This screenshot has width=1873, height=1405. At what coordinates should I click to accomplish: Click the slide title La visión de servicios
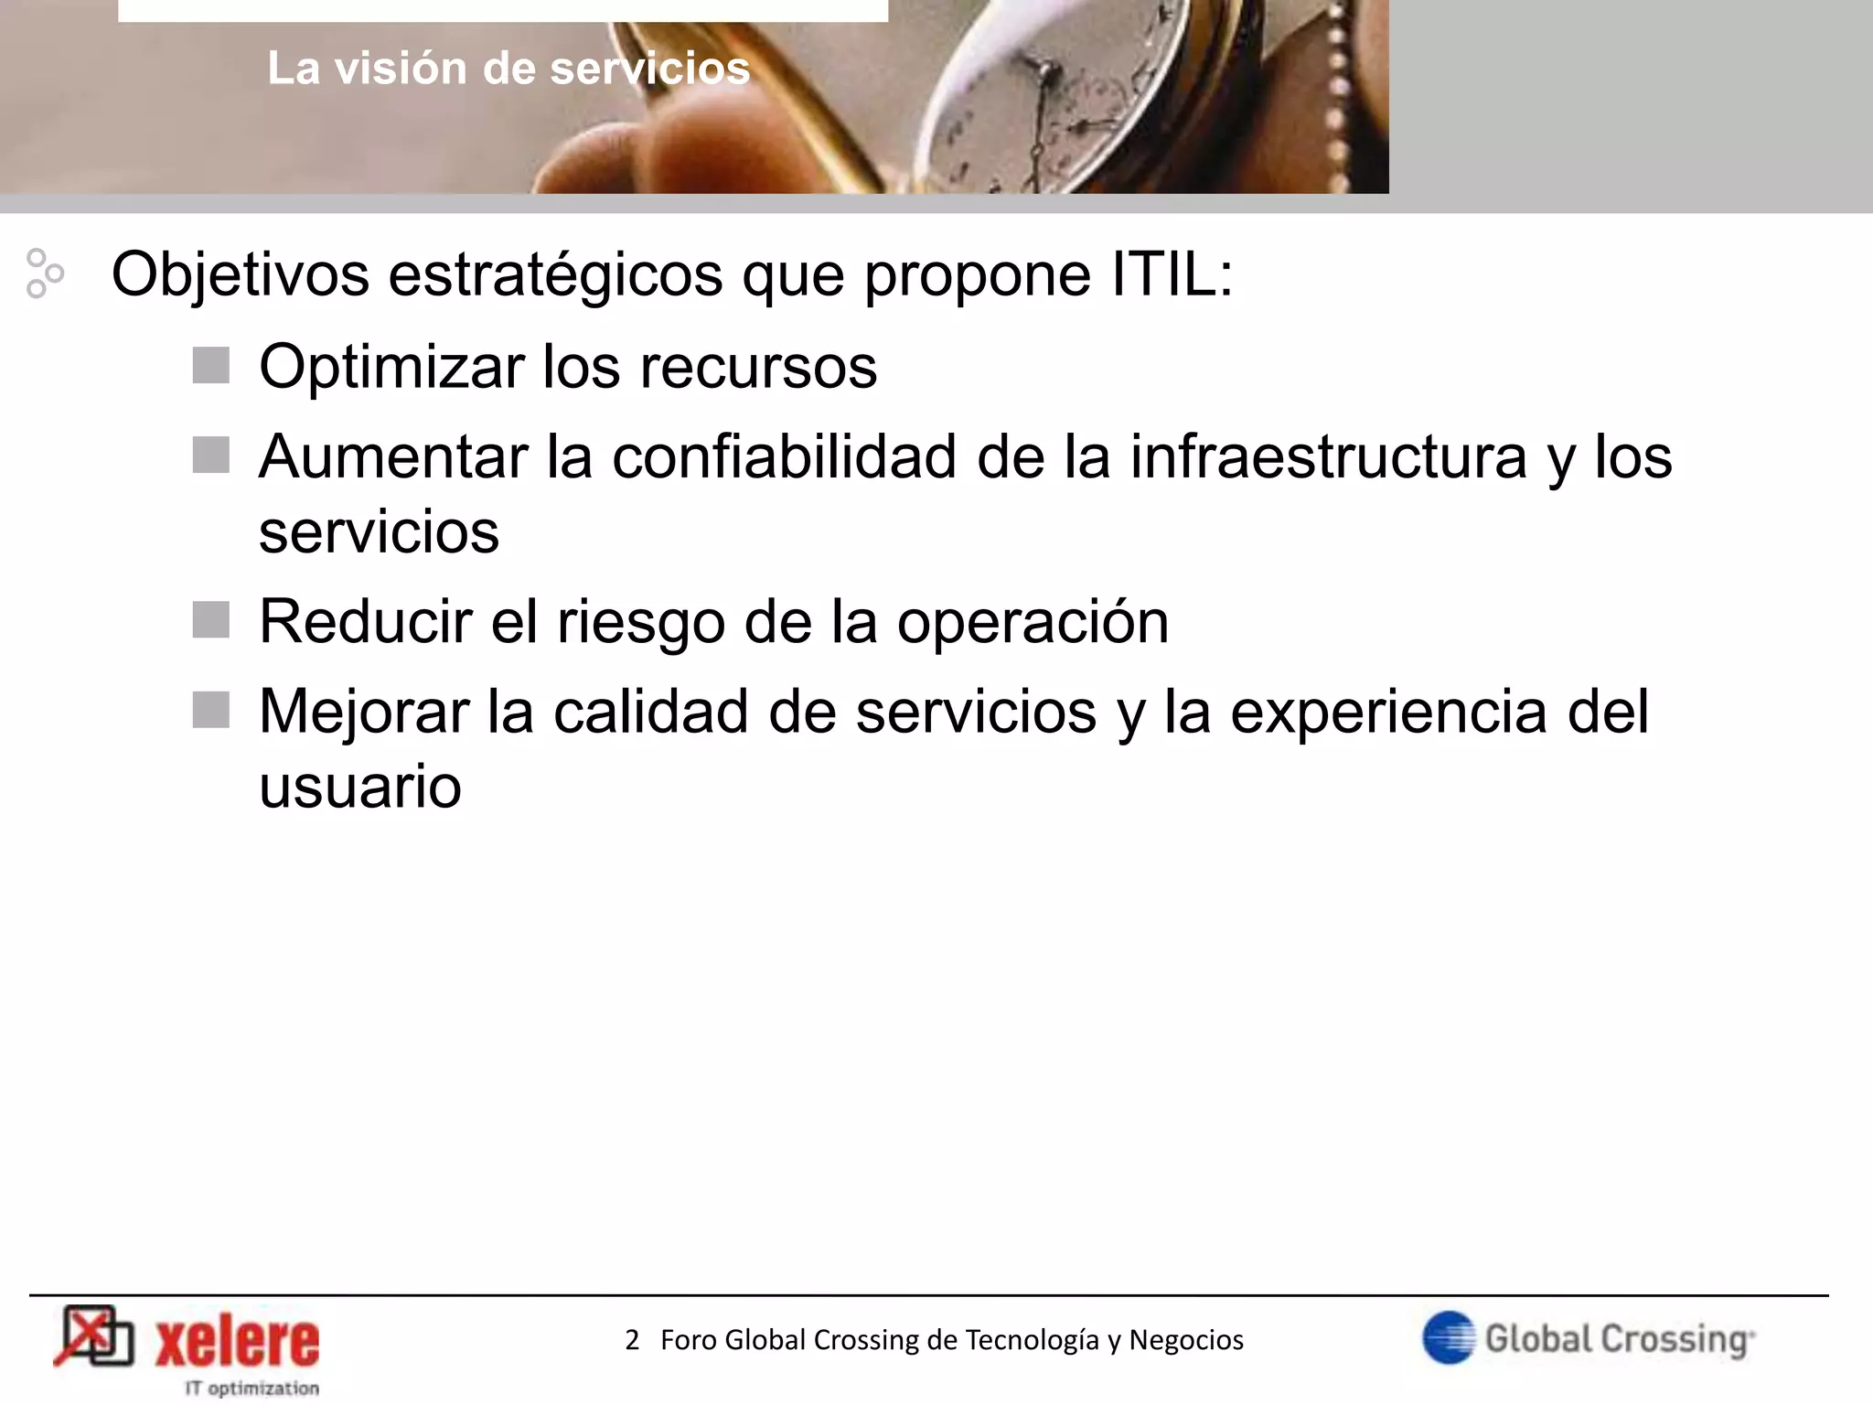coord(508,69)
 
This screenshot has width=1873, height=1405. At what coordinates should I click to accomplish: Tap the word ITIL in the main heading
coord(1172,273)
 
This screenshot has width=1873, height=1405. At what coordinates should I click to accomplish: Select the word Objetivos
coord(240,275)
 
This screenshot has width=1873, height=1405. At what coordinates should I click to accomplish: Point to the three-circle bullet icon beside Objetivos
coord(44,273)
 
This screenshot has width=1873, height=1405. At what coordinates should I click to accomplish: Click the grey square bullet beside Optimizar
coord(211,366)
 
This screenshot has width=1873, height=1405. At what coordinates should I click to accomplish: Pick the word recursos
coord(758,367)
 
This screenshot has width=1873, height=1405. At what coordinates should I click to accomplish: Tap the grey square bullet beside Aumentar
coord(211,455)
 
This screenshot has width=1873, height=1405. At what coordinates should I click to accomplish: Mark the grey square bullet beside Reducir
coord(211,619)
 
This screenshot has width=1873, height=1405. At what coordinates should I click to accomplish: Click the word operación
coord(1033,622)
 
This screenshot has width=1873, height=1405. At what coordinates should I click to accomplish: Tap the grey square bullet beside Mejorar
coord(211,710)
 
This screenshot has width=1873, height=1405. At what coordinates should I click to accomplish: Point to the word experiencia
coord(1387,712)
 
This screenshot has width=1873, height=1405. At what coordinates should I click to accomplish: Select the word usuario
coord(360,787)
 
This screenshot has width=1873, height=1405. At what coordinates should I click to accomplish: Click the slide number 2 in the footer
coord(632,1340)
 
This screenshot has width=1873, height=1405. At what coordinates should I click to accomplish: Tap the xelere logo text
coord(237,1342)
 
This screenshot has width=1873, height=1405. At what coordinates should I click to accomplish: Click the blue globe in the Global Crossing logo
coord(1449,1337)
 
